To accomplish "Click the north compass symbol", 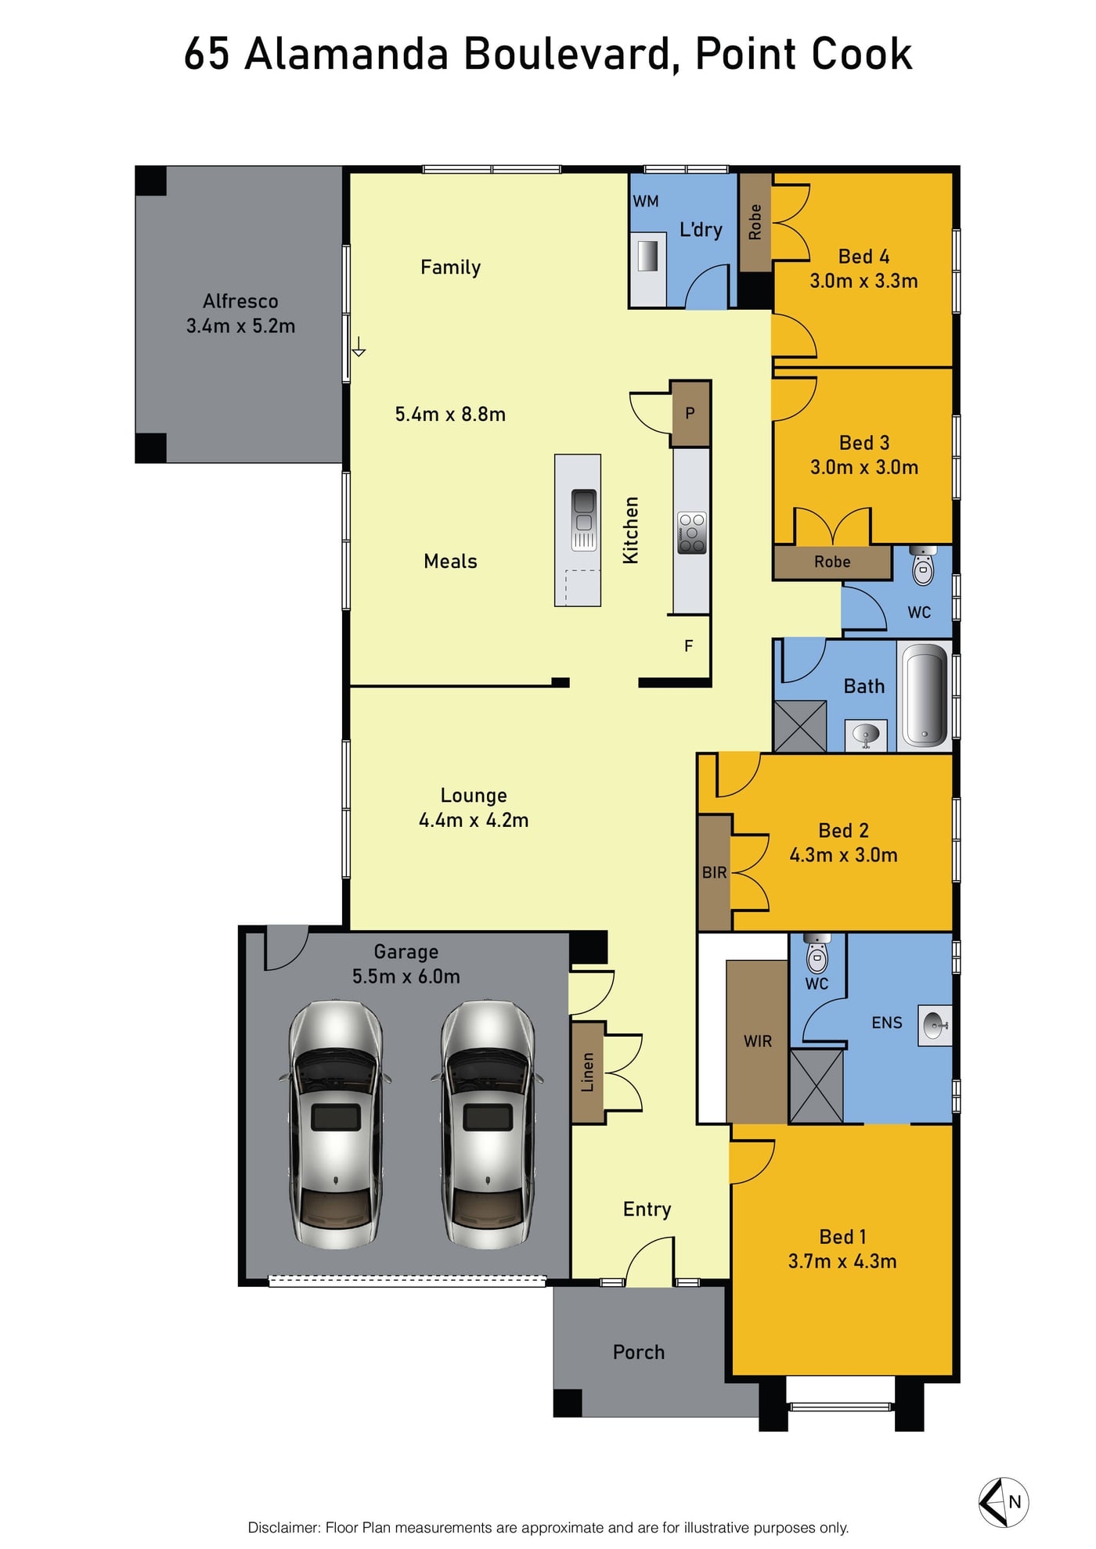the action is pyautogui.click(x=1004, y=1502).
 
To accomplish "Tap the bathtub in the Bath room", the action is pyautogui.click(x=925, y=695).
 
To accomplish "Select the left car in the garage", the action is pyautogui.click(x=336, y=1124).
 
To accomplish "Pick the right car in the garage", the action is pyautogui.click(x=487, y=1124).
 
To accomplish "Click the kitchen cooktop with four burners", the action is pyautogui.click(x=692, y=533).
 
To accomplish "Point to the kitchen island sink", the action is pyautogui.click(x=584, y=519).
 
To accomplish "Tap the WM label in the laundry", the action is pyautogui.click(x=646, y=201).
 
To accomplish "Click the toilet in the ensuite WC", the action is pyautogui.click(x=817, y=953).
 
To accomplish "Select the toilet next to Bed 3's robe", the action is pyautogui.click(x=924, y=566).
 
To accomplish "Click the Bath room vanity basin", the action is pyautogui.click(x=866, y=735).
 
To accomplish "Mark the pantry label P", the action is pyautogui.click(x=690, y=413).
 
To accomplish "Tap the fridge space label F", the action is pyautogui.click(x=689, y=646).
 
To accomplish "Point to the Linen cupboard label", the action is pyautogui.click(x=587, y=1072).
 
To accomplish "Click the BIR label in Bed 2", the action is pyautogui.click(x=714, y=872).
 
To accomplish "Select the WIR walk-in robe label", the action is pyautogui.click(x=758, y=1041).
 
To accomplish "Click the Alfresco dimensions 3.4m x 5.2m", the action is pyautogui.click(x=240, y=326).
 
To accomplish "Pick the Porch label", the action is pyautogui.click(x=639, y=1352).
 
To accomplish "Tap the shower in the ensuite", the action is pyautogui.click(x=817, y=1087).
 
